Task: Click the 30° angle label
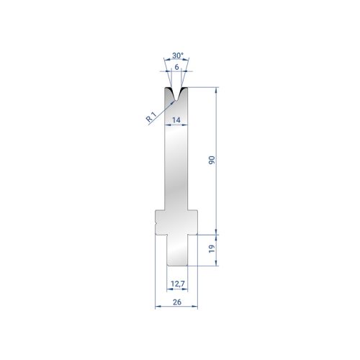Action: [x=178, y=55]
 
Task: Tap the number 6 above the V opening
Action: [x=176, y=67]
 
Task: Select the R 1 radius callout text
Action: [x=151, y=117]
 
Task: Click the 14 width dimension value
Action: [x=176, y=120]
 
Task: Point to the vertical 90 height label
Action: [x=212, y=160]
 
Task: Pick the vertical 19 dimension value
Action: [x=212, y=248]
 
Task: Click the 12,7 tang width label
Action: [x=178, y=284]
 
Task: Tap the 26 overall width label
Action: [x=177, y=302]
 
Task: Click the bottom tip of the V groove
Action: [x=176, y=101]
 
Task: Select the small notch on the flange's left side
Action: [x=156, y=224]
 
